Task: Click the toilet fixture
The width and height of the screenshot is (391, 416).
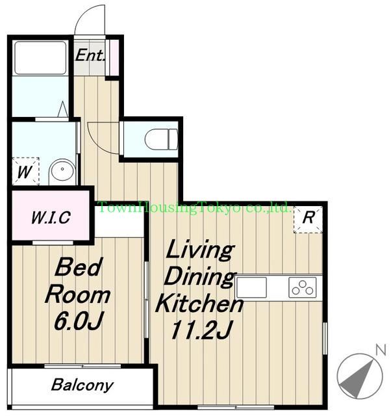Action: pos(162,140)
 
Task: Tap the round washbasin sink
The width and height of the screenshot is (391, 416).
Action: pos(62,170)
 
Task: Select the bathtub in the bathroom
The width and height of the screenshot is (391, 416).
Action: pos(40,58)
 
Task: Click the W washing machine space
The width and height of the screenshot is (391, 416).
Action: pos(25,171)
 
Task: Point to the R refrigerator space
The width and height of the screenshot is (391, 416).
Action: pos(308,219)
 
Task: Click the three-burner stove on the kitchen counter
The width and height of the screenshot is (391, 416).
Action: pos(303,287)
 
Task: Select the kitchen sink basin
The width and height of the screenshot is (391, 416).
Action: pos(251,287)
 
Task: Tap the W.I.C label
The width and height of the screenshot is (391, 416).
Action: pos(51,217)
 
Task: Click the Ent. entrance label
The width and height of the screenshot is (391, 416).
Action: pos(90,55)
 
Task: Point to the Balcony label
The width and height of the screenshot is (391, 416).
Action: pos(82,385)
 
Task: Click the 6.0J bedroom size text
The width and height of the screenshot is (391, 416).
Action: pos(79,321)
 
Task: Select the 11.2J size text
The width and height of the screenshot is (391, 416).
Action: pos(202,330)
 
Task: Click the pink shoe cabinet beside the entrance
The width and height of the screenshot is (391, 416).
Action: pos(114,57)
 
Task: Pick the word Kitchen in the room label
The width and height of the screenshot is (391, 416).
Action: pos(199,304)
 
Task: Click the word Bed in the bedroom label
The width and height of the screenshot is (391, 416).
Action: pos(79,266)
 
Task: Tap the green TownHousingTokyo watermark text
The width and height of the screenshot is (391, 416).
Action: pos(194,208)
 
